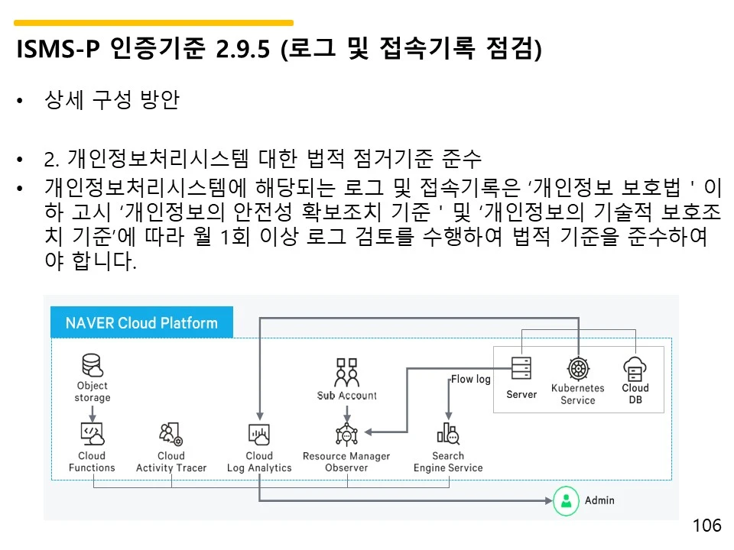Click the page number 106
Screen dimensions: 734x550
(706, 526)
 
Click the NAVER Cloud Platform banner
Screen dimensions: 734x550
(141, 322)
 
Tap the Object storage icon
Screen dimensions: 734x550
(93, 364)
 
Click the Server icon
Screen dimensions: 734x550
(521, 370)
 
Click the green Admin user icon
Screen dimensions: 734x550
(566, 500)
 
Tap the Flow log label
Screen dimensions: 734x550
(470, 379)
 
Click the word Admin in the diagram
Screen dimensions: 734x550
(599, 500)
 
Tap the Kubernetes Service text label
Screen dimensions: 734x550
(578, 394)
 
